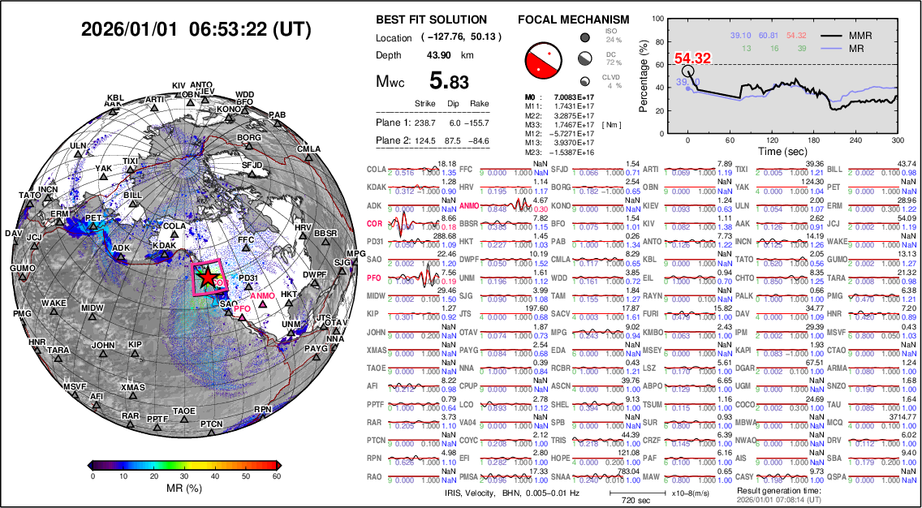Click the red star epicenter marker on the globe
click(208, 276)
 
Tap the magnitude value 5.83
click(449, 81)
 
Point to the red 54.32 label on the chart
click(692, 58)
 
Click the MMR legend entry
click(877, 36)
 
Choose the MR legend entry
click(873, 48)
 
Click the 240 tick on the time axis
click(855, 140)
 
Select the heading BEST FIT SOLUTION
click(432, 19)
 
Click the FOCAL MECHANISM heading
click(573, 19)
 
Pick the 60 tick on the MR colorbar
click(276, 477)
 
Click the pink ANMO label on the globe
click(262, 296)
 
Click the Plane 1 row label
click(394, 123)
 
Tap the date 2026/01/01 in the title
click(130, 30)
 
